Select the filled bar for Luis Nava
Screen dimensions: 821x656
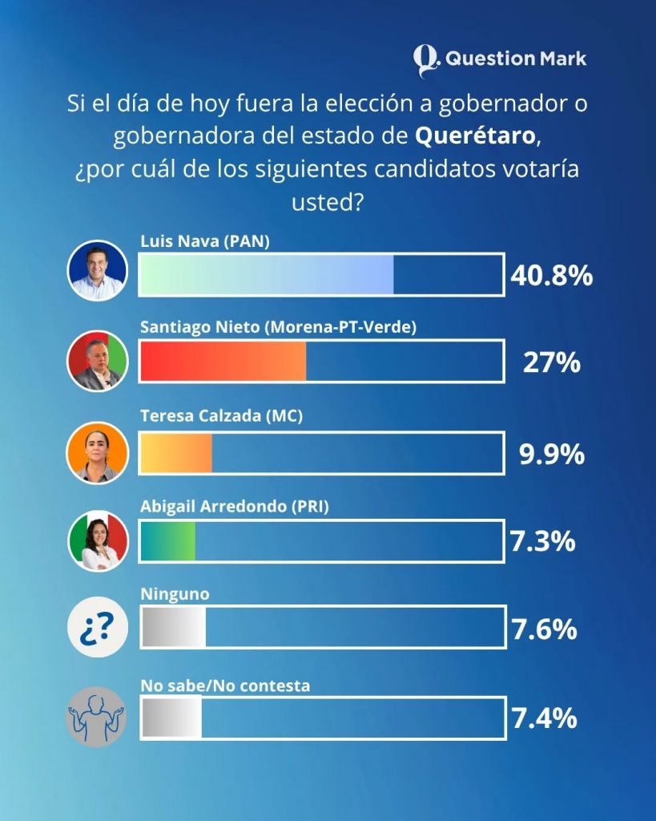click(267, 276)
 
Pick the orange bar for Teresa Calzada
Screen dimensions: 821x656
click(176, 454)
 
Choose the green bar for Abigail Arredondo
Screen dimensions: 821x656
click(168, 540)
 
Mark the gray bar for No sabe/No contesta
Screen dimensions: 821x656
click(171, 716)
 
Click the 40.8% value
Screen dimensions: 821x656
click(551, 277)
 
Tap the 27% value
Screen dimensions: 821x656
click(551, 364)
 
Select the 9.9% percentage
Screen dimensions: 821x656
click(551, 455)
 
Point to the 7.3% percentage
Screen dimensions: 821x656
click(543, 542)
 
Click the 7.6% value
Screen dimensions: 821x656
click(544, 629)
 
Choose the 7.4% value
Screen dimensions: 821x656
click(544, 718)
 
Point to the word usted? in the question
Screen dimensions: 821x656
click(328, 200)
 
